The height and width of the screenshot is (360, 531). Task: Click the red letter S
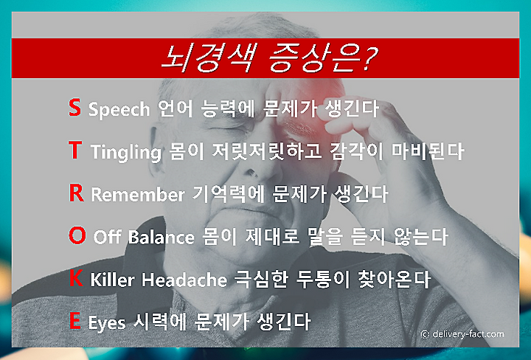click(74, 108)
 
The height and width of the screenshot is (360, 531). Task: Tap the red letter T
click(75, 150)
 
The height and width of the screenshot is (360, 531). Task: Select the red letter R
click(77, 193)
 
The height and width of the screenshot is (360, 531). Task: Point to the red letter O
click(77, 235)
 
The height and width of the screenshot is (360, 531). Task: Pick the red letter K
click(76, 278)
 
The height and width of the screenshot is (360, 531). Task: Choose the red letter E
click(74, 320)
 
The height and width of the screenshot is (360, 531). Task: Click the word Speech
click(119, 110)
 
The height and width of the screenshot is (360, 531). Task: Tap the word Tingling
click(125, 153)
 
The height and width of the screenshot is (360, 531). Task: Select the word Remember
click(138, 195)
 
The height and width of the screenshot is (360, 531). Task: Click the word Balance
click(162, 237)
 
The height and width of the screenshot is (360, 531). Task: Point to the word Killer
click(112, 280)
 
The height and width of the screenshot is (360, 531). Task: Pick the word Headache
click(184, 280)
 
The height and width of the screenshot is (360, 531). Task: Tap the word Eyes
click(107, 323)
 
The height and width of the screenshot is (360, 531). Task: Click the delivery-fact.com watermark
click(462, 334)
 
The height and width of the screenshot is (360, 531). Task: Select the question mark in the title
click(368, 58)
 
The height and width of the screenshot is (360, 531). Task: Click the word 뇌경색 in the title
click(206, 58)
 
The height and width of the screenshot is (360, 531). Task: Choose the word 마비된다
click(428, 152)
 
